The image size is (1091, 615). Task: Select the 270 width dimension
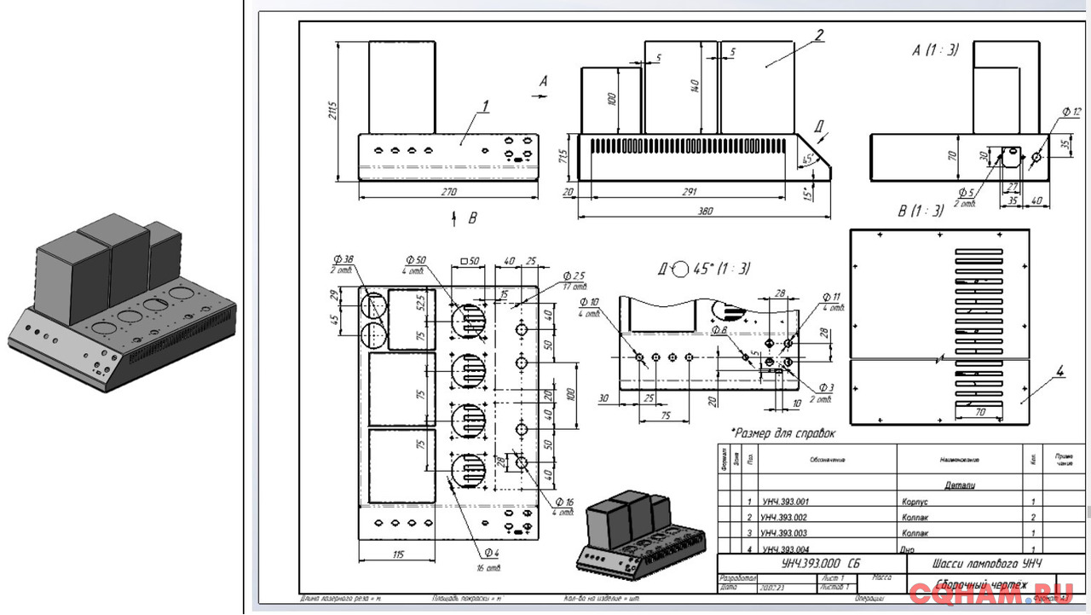[448, 192]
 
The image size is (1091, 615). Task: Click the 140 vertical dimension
[696, 86]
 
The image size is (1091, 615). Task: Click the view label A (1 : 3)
[935, 50]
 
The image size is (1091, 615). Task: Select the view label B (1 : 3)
[921, 211]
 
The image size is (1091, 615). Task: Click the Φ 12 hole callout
[1071, 112]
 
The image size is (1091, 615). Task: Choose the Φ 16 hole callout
[564, 502]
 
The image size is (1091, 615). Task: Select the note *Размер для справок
[783, 433]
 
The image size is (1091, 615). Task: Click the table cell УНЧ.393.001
[785, 502]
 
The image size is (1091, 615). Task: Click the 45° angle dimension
[807, 158]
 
